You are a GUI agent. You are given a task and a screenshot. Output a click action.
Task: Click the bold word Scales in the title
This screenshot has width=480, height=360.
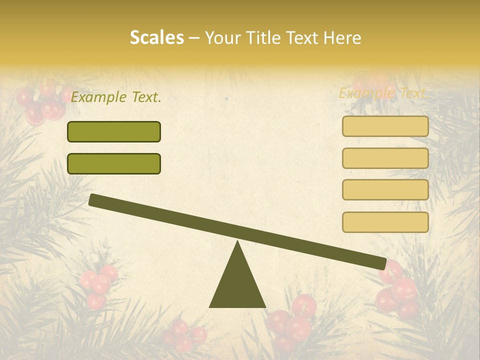(x=156, y=37)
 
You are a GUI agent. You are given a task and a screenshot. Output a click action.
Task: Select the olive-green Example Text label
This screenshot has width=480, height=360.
(x=116, y=97)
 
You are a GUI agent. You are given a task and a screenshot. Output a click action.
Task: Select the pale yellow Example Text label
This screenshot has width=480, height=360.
(x=383, y=93)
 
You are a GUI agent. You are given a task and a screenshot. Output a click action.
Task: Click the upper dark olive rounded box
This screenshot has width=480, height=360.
(x=114, y=131)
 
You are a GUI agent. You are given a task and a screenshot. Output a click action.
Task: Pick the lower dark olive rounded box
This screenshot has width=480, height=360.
(x=114, y=163)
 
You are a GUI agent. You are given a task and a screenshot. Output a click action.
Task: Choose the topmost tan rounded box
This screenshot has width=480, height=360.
(x=385, y=126)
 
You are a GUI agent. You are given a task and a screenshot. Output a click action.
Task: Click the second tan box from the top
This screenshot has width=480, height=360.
(x=385, y=158)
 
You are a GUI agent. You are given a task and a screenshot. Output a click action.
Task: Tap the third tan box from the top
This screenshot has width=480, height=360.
(x=385, y=190)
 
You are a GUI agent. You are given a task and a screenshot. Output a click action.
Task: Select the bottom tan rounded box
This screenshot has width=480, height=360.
(x=385, y=222)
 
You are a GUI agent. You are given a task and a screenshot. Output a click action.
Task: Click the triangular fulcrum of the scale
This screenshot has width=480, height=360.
(x=237, y=282)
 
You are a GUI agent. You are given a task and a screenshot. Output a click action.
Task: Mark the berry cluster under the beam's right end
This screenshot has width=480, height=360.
(x=397, y=292)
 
